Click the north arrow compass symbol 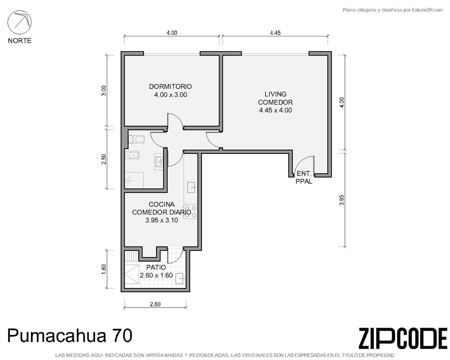[x=19, y=22]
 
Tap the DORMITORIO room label [x=170, y=86]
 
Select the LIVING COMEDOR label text [x=275, y=98]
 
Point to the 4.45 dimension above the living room [x=275, y=33]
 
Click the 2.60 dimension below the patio [x=155, y=304]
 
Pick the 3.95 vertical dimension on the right [x=341, y=200]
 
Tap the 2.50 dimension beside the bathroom [x=104, y=159]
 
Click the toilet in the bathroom [x=136, y=139]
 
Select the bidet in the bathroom [x=132, y=155]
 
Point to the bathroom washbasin [x=159, y=161]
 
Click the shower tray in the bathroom [x=134, y=180]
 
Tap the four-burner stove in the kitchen [x=190, y=211]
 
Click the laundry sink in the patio [x=179, y=278]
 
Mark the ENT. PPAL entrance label [x=304, y=177]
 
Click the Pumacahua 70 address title [x=70, y=335]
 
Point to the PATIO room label [x=156, y=267]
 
